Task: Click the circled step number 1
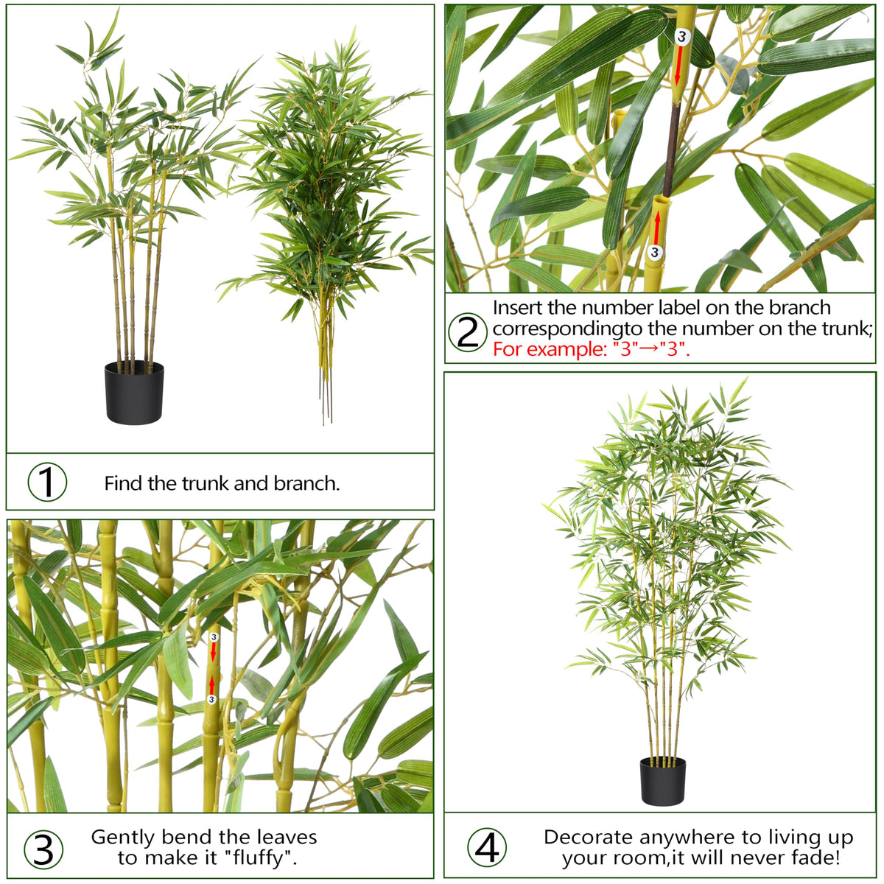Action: (x=47, y=482)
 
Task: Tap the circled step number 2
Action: (x=467, y=331)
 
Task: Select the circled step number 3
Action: (x=43, y=849)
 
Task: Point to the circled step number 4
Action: (x=487, y=847)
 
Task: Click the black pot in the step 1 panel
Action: (x=134, y=392)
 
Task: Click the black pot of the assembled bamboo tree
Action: (x=663, y=782)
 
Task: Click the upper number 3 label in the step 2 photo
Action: (x=682, y=37)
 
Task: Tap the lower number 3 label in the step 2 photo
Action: (x=655, y=252)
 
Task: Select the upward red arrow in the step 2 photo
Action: (x=657, y=228)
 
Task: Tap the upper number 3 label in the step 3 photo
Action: (x=214, y=637)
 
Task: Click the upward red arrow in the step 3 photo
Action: (x=211, y=686)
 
